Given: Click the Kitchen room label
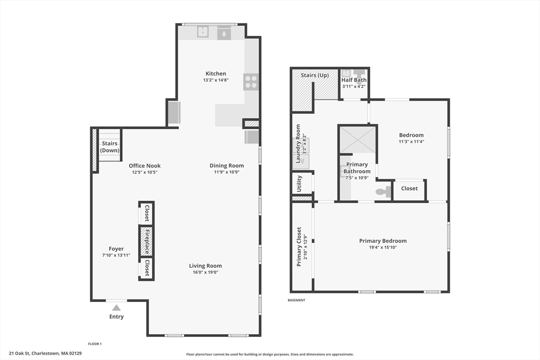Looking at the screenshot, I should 216,74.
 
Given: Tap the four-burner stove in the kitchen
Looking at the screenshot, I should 251,82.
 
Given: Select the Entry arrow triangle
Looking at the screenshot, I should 117,307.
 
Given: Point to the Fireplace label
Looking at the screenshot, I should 147,242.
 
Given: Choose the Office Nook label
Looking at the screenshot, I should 144,166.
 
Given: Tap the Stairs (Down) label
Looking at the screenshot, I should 110,147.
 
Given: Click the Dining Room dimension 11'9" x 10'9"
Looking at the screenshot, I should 227,172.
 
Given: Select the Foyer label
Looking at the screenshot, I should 116,249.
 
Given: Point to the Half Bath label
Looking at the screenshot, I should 354,80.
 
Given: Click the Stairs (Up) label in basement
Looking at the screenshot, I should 315,75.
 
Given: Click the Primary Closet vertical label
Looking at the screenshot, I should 299,247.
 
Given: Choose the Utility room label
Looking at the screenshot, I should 299,184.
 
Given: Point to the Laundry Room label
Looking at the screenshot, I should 298,143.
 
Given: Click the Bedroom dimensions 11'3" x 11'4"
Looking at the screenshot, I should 411,142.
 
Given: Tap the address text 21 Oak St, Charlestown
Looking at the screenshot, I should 45,353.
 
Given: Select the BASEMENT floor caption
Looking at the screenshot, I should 296,300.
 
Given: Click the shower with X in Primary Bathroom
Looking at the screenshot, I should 358,139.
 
